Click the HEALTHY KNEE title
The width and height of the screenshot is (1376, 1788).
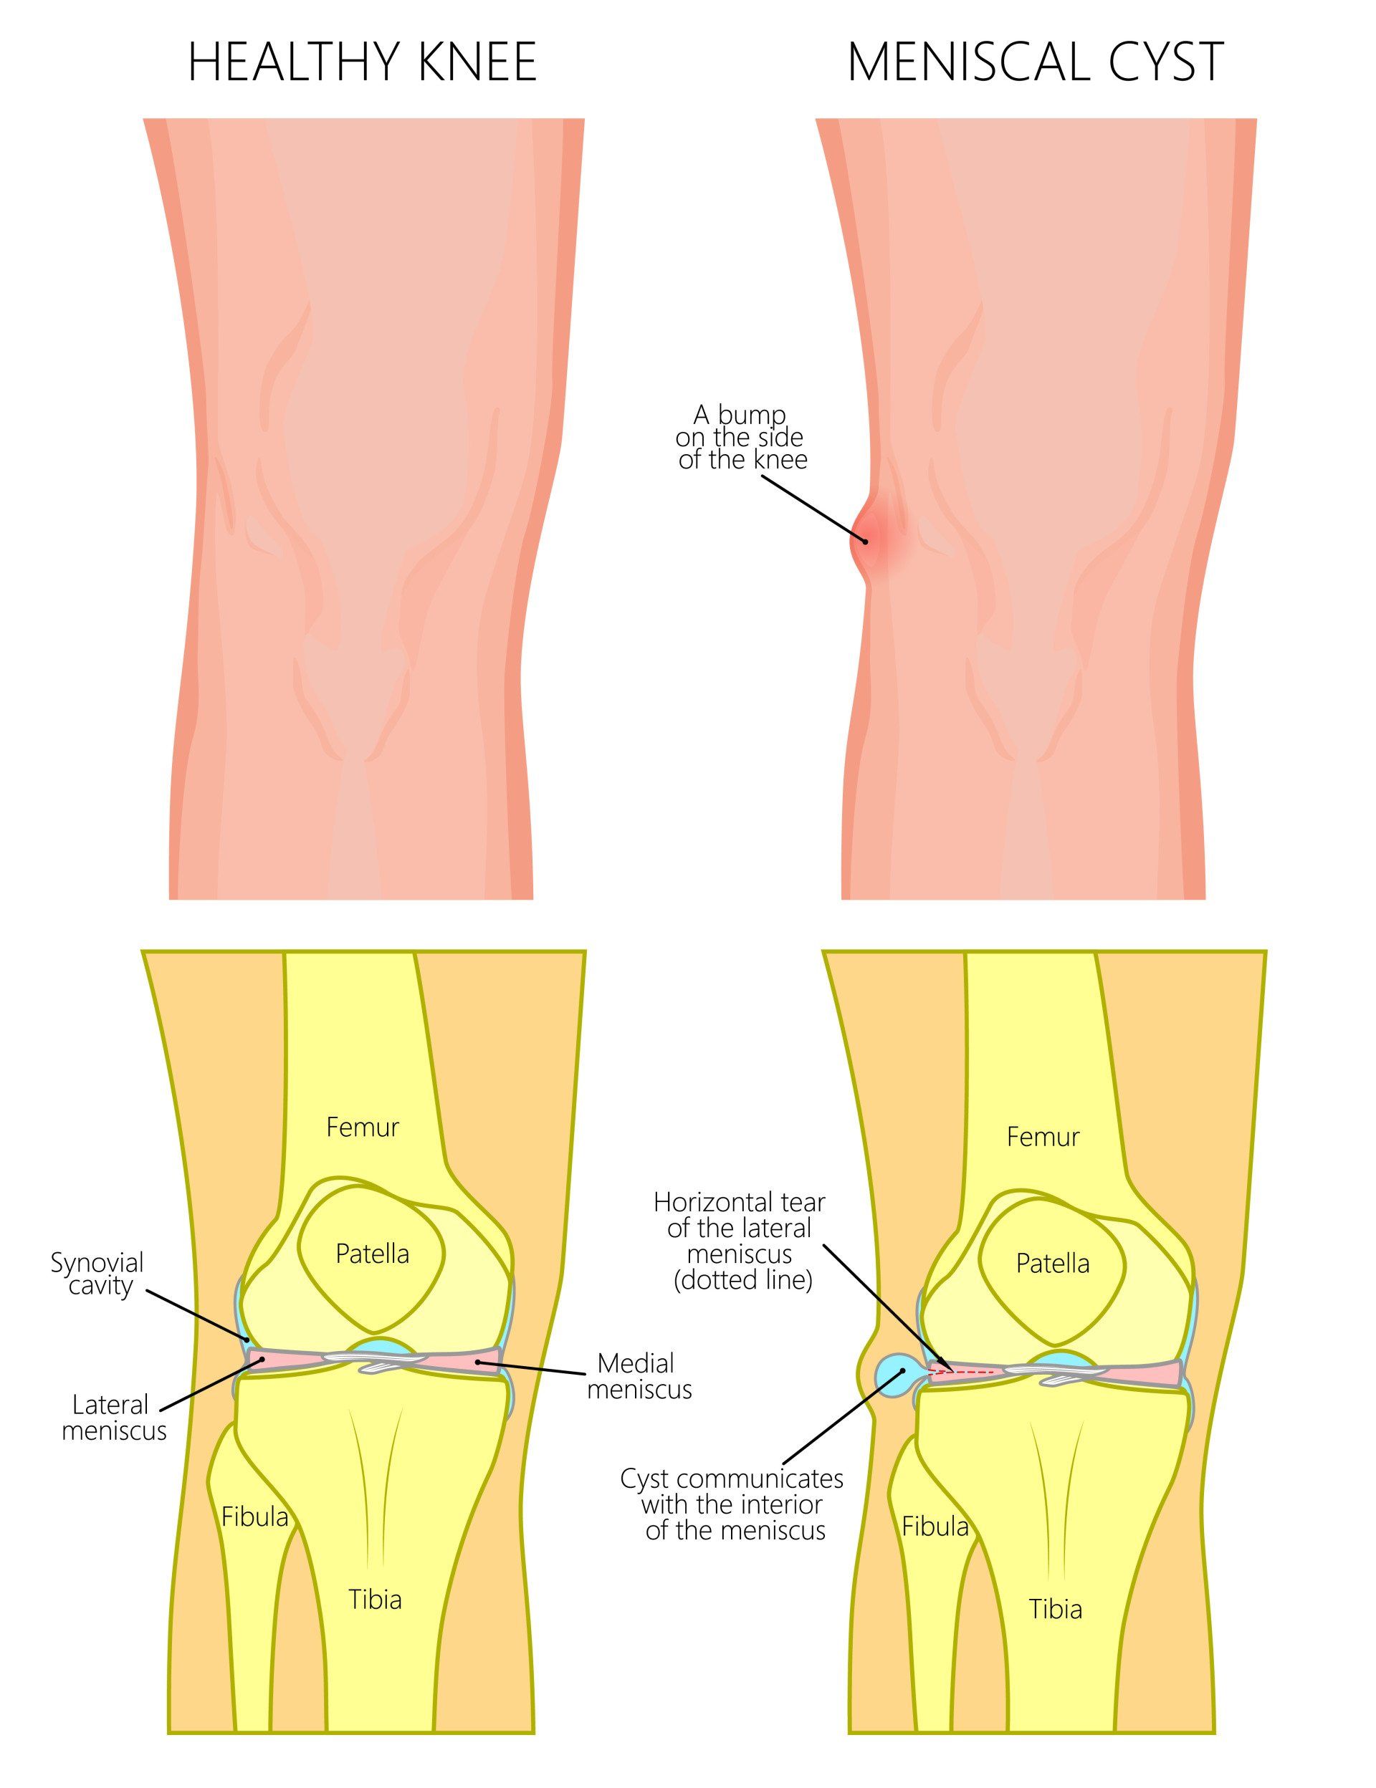tap(362, 62)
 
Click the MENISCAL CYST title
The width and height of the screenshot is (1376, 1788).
tap(1036, 62)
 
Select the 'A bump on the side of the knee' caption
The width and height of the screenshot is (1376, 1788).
tap(742, 438)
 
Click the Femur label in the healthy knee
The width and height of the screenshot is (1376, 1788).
tap(362, 1128)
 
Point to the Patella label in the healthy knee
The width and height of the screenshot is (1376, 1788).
tap(373, 1254)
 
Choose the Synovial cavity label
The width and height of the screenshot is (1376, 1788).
tap(97, 1274)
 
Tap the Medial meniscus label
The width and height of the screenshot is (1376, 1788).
tap(639, 1376)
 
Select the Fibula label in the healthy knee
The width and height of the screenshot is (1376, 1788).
tap(254, 1517)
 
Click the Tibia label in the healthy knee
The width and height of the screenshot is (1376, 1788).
tap(375, 1599)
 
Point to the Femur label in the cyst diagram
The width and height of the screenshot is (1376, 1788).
tap(1043, 1137)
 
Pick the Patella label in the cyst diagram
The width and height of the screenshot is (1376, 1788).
tap(1053, 1263)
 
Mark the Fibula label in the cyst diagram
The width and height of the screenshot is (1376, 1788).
tap(935, 1526)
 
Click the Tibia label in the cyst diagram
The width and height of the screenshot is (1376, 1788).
tap(1056, 1609)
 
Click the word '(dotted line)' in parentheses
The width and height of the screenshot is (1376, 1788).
tap(743, 1280)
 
